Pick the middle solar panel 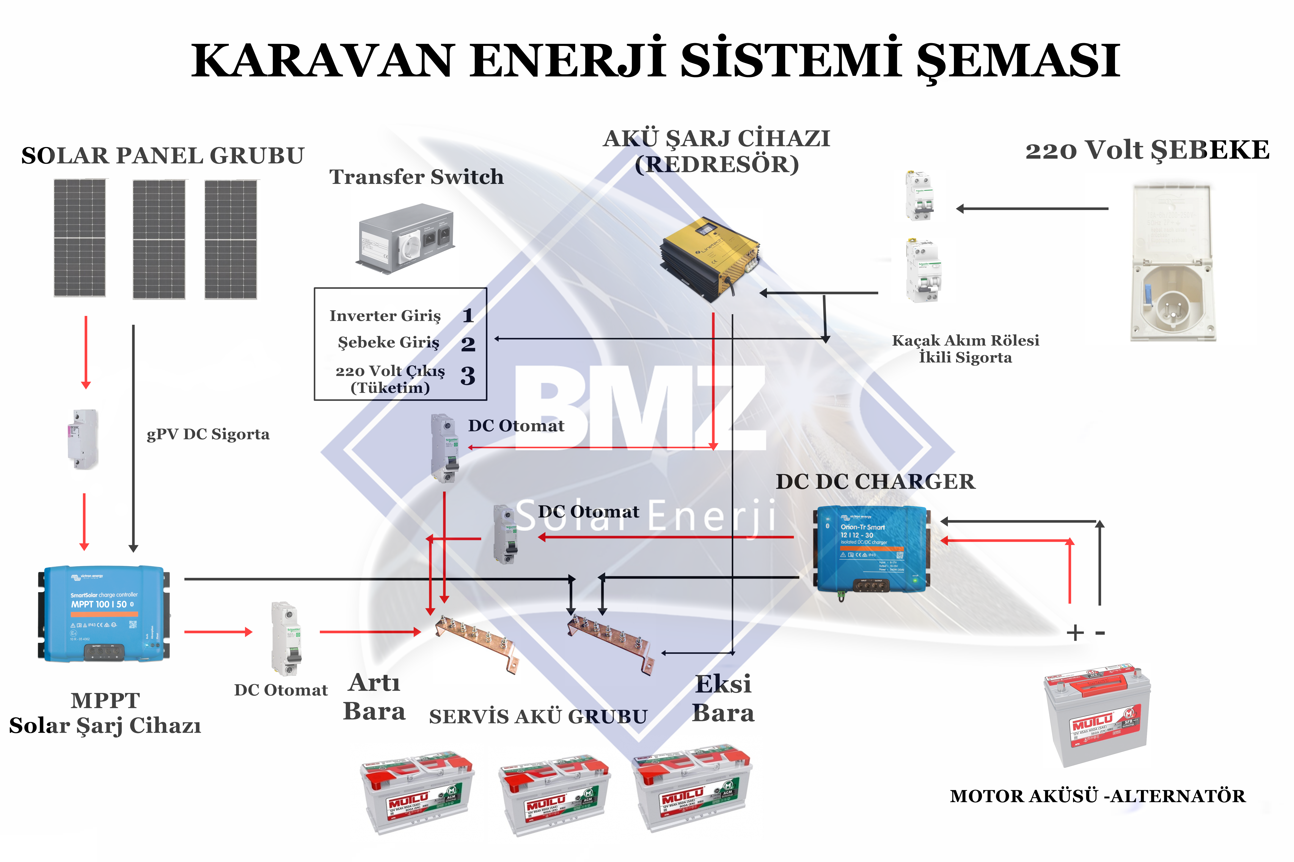(159, 239)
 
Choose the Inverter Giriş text (385, 315)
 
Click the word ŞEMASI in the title (1018, 61)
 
